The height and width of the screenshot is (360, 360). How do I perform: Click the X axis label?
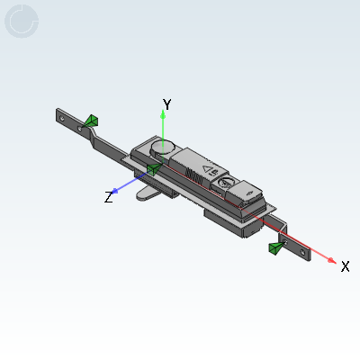tap(346, 266)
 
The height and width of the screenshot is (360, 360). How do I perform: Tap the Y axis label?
tap(167, 104)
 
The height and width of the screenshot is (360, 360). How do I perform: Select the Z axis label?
tap(109, 197)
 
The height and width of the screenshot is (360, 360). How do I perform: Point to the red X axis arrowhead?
tap(332, 260)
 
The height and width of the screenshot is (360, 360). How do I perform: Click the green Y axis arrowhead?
tap(163, 114)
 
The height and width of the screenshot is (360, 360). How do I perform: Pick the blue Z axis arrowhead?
tap(114, 191)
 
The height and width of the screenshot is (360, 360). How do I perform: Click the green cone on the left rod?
tap(91, 121)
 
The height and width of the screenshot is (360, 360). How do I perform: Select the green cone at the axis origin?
tap(155, 169)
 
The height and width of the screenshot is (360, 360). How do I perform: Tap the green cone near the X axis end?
tap(276, 248)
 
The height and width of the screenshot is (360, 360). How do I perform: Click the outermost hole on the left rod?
tap(62, 119)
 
